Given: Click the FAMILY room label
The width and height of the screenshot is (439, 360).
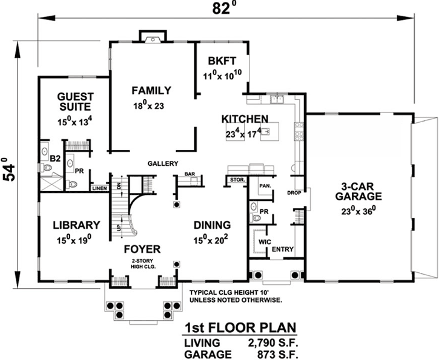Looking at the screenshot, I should (151, 91).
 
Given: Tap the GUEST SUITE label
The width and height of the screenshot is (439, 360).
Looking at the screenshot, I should (75, 101).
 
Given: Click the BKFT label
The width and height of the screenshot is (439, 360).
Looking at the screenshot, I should (221, 61).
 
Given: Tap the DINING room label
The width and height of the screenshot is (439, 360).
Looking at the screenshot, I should (212, 224).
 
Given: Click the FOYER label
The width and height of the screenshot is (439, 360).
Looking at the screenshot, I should (142, 249).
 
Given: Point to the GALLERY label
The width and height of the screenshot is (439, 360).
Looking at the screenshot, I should (162, 163).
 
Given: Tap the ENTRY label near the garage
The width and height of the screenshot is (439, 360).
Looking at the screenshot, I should (283, 249).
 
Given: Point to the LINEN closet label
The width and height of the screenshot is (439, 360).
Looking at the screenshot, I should (99, 188).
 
